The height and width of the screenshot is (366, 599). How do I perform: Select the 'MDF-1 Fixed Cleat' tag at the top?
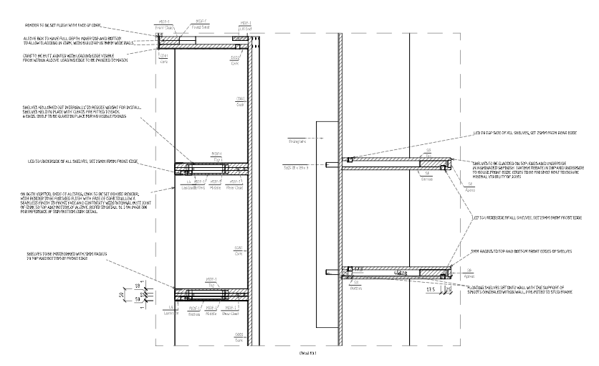[203, 26]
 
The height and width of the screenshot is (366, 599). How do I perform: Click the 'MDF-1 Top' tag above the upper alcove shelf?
[214, 154]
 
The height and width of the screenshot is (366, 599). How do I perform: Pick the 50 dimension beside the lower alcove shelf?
[120, 294]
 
